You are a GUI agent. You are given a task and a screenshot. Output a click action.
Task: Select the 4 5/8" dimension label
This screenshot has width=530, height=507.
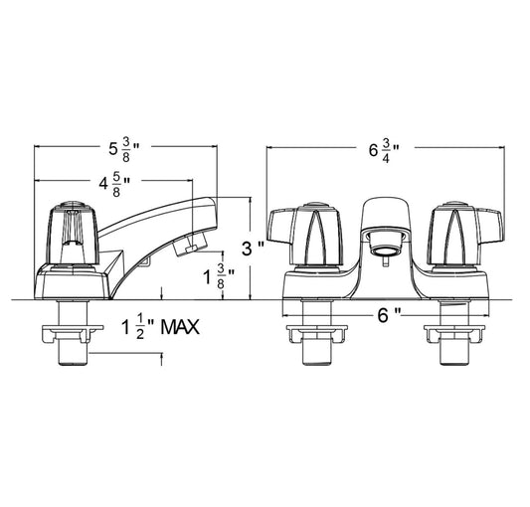click(x=114, y=185)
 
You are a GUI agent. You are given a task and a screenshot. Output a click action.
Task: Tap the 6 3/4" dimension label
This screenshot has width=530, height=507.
click(x=384, y=151)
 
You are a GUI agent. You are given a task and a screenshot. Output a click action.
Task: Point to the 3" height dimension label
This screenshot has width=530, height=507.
click(x=253, y=250)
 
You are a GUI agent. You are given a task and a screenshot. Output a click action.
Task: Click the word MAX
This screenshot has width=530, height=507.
click(x=180, y=327)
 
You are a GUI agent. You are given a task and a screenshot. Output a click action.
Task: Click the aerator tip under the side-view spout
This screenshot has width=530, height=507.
click(x=190, y=244)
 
